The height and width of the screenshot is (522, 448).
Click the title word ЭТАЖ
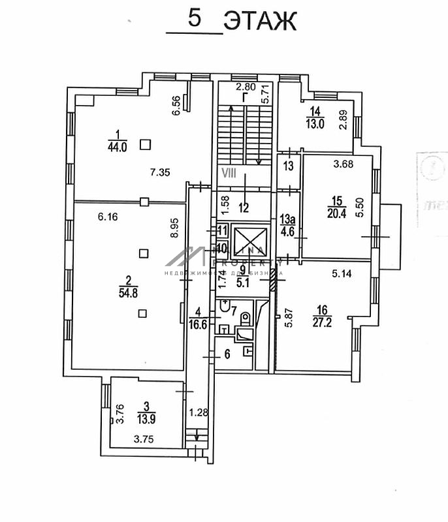click(260, 21)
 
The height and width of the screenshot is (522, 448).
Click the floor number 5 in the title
click(195, 18)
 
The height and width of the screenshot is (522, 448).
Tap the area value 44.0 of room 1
click(118, 146)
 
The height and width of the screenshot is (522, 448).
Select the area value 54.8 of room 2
click(129, 292)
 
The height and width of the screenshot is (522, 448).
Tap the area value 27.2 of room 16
click(322, 321)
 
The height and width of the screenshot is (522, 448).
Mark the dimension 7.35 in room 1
click(160, 172)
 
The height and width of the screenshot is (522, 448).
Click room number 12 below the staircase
click(244, 208)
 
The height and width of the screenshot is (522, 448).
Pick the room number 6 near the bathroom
click(227, 354)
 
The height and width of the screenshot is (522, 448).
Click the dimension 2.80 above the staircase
click(246, 86)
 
